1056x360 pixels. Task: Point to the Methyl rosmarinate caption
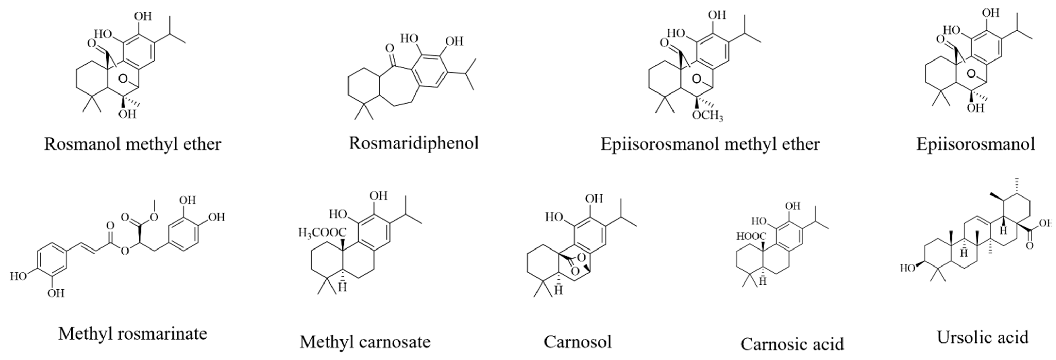132,334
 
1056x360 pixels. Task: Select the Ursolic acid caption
983,337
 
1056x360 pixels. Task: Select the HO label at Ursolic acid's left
908,269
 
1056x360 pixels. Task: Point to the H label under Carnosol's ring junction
558,290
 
